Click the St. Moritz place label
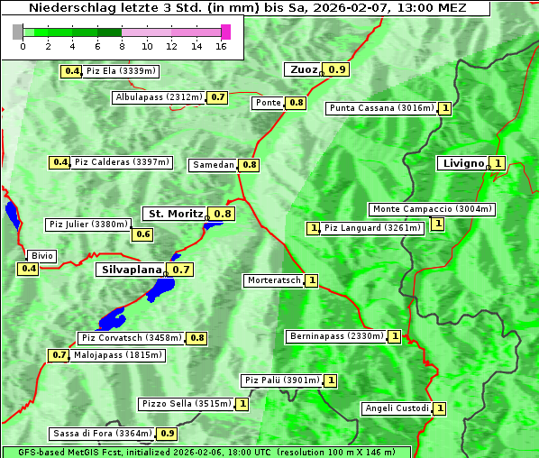pos(174,214)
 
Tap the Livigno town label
pos(461,163)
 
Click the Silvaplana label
pos(131,270)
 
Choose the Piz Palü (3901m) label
pos(280,380)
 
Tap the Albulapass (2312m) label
pos(159,97)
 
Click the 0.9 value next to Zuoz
pos(337,69)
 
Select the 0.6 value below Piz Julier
pos(142,234)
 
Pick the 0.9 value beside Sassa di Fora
pos(167,434)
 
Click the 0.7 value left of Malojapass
pos(59,355)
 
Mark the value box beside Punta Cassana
pos(444,108)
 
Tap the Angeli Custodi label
pos(397,408)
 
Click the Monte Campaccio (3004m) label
pos(432,209)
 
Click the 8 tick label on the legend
pos(121,46)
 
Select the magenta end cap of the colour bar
pos(225,32)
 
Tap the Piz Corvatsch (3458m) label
pos(132,338)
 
